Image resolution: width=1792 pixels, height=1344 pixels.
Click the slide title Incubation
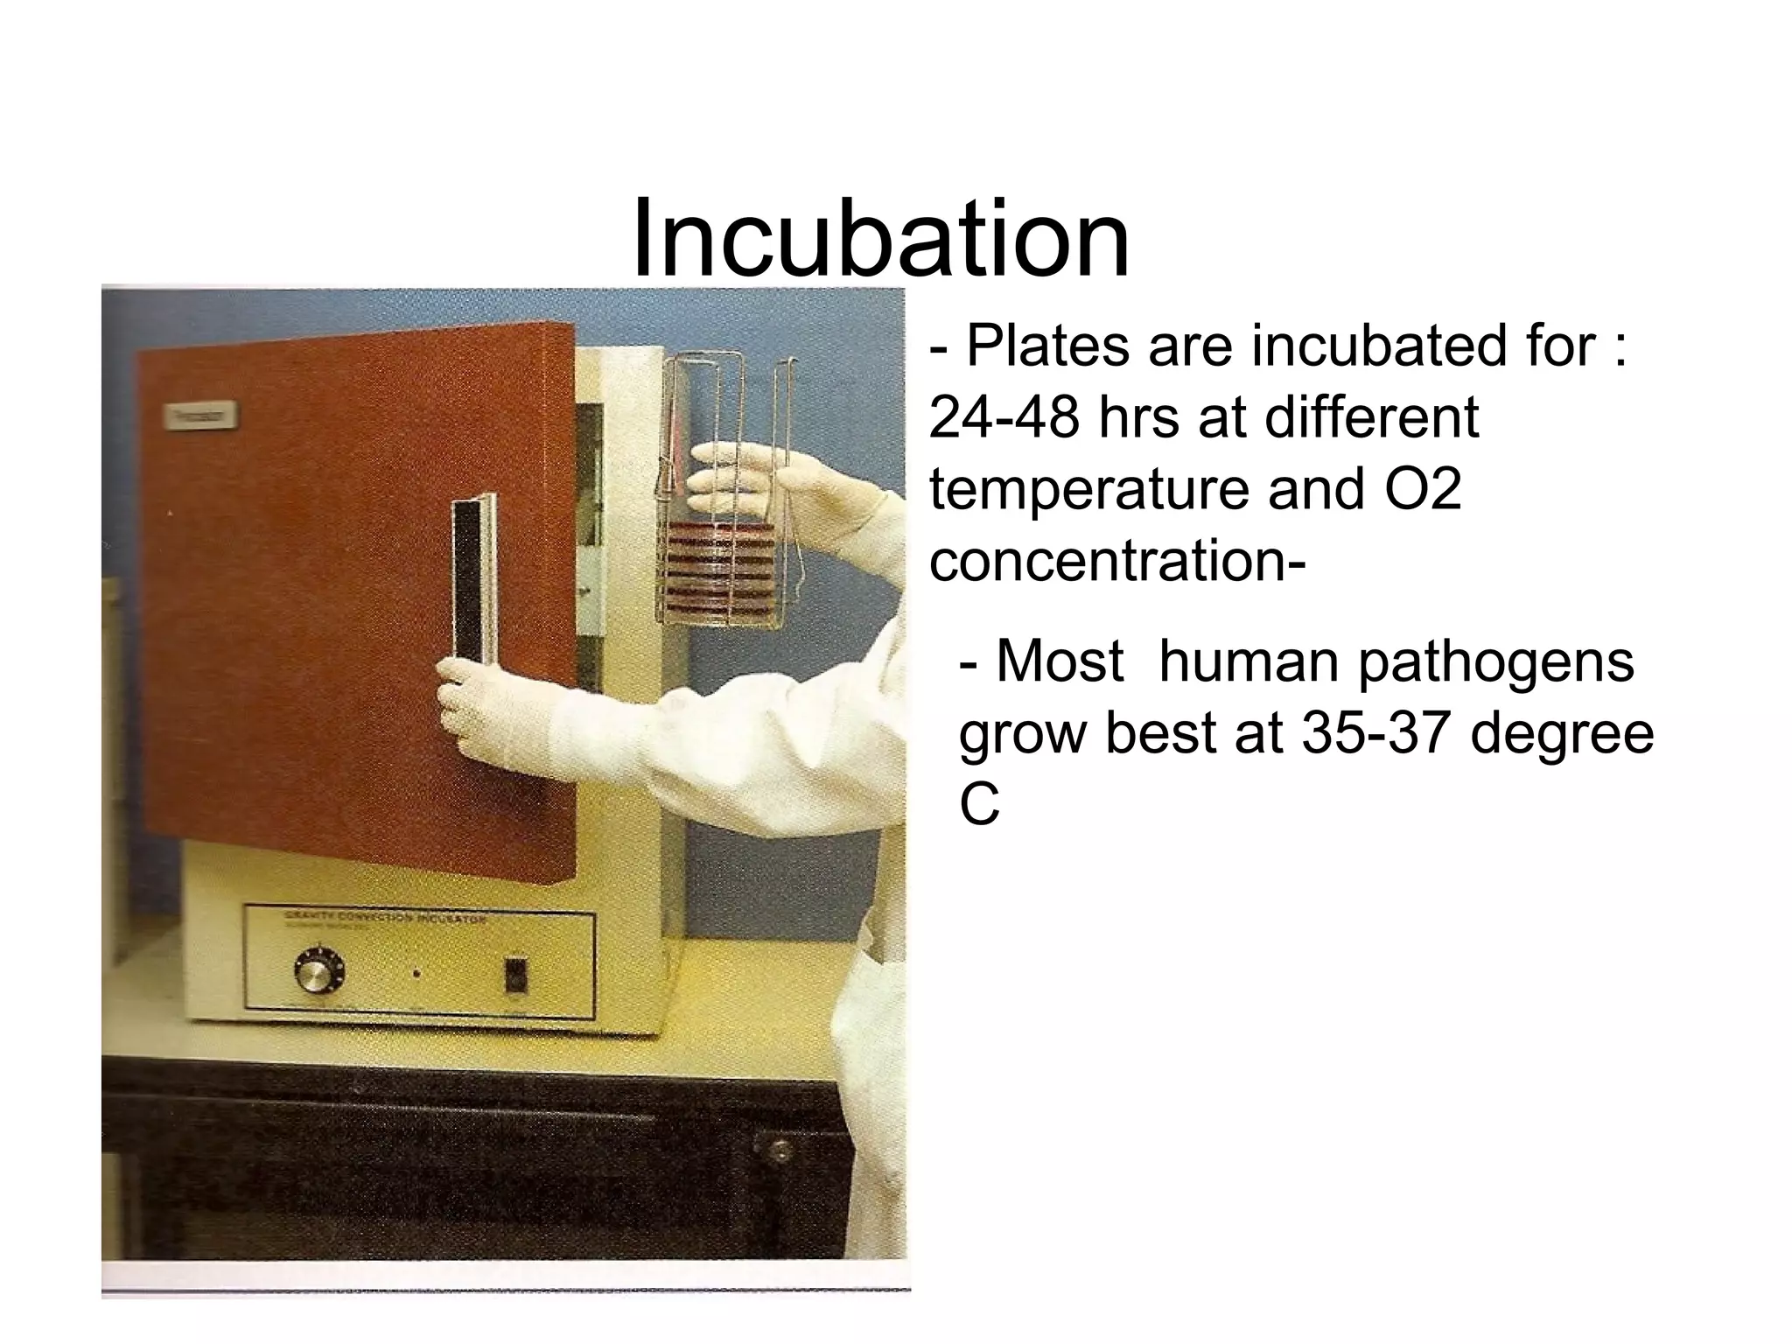[880, 238]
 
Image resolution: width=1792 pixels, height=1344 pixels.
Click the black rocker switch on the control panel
[516, 975]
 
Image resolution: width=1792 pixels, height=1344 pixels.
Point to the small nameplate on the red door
[200, 416]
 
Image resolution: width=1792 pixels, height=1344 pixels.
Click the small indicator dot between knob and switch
[416, 973]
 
